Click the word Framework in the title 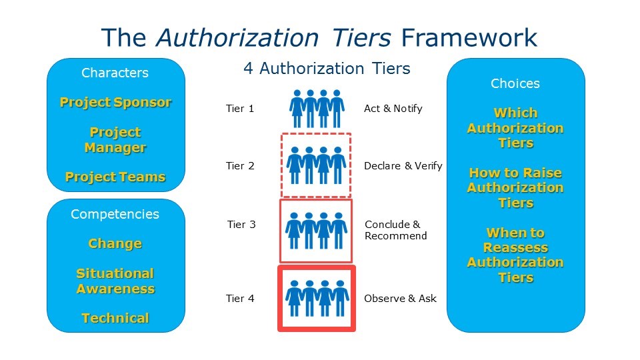tap(469, 38)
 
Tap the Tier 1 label tap(240, 109)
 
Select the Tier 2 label tap(240, 166)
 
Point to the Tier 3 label tap(241, 225)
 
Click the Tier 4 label tap(240, 299)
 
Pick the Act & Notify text tap(393, 109)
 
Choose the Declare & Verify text tap(403, 166)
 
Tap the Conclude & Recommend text tap(395, 230)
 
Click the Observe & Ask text tap(400, 299)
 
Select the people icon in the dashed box tap(316, 165)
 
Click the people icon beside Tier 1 tap(317, 109)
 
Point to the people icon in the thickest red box tap(317, 299)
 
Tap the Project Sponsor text tap(115, 102)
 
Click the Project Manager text tap(115, 140)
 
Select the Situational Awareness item tap(115, 281)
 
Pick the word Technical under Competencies tap(115, 318)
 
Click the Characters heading tap(115, 73)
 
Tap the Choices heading tap(515, 83)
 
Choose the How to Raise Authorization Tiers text tap(515, 188)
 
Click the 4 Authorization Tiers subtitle tap(327, 69)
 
